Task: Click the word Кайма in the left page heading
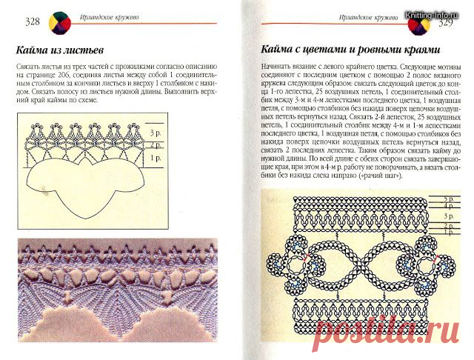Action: click(36, 50)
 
